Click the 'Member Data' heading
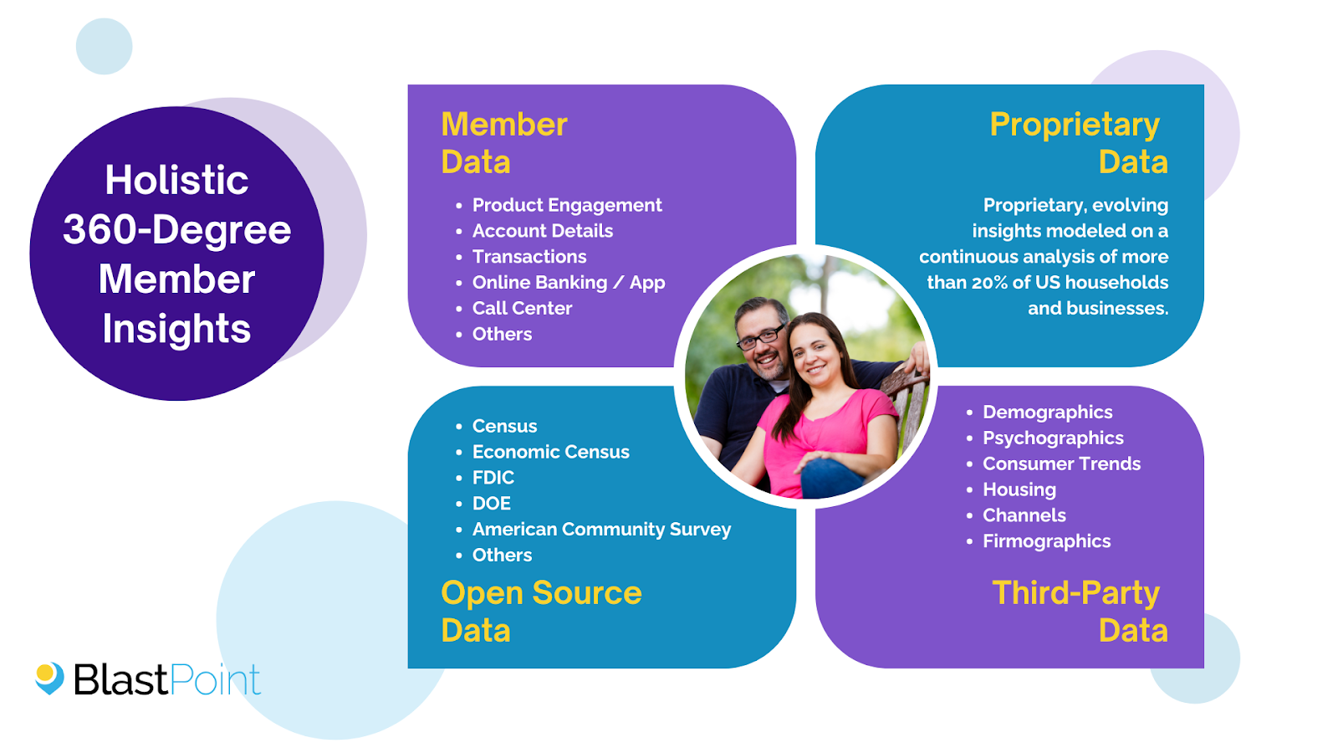[x=503, y=142]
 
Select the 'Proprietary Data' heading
[x=1078, y=142]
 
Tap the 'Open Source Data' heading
[x=540, y=611]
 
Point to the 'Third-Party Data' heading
[x=1079, y=611]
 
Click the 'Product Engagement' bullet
[x=566, y=205]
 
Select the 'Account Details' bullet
[x=542, y=231]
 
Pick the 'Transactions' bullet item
[x=529, y=257]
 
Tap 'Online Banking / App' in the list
[x=568, y=283]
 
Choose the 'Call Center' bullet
[x=522, y=309]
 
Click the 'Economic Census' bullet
[x=550, y=452]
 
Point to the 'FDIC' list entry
[x=493, y=478]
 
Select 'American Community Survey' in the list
[x=601, y=530]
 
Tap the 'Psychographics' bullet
[x=1052, y=438]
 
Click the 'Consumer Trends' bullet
[x=1061, y=464]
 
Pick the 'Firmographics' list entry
[x=1046, y=541]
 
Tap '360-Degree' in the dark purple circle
[x=176, y=229]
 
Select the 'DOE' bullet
[x=491, y=504]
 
